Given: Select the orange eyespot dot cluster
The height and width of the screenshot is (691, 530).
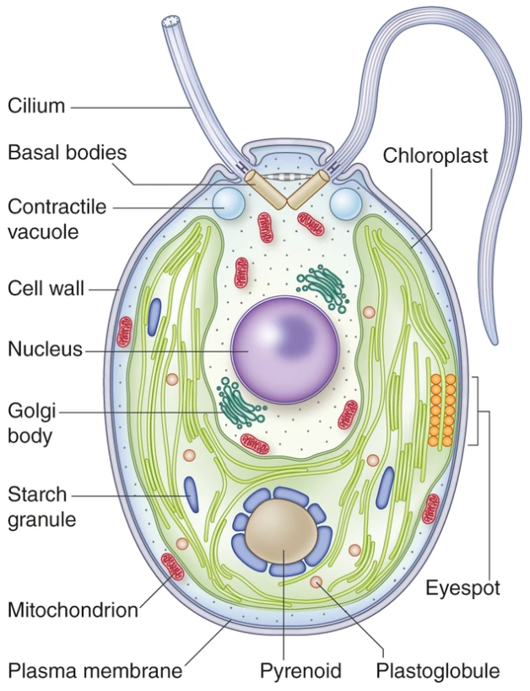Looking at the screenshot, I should point(442,409).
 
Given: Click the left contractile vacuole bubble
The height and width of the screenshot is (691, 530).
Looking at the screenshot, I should point(227,203).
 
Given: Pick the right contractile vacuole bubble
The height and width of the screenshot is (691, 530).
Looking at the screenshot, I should point(345,203).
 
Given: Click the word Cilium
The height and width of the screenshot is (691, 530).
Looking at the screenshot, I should point(36,106).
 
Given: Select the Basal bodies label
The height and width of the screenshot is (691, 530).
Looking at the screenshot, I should point(67,153).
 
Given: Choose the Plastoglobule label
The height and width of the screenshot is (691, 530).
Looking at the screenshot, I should point(438,671).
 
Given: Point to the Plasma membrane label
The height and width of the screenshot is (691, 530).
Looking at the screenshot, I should point(95,671).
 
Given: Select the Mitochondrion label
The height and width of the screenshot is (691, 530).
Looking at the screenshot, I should point(73,609).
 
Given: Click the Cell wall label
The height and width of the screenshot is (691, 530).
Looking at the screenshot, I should point(46,289).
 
